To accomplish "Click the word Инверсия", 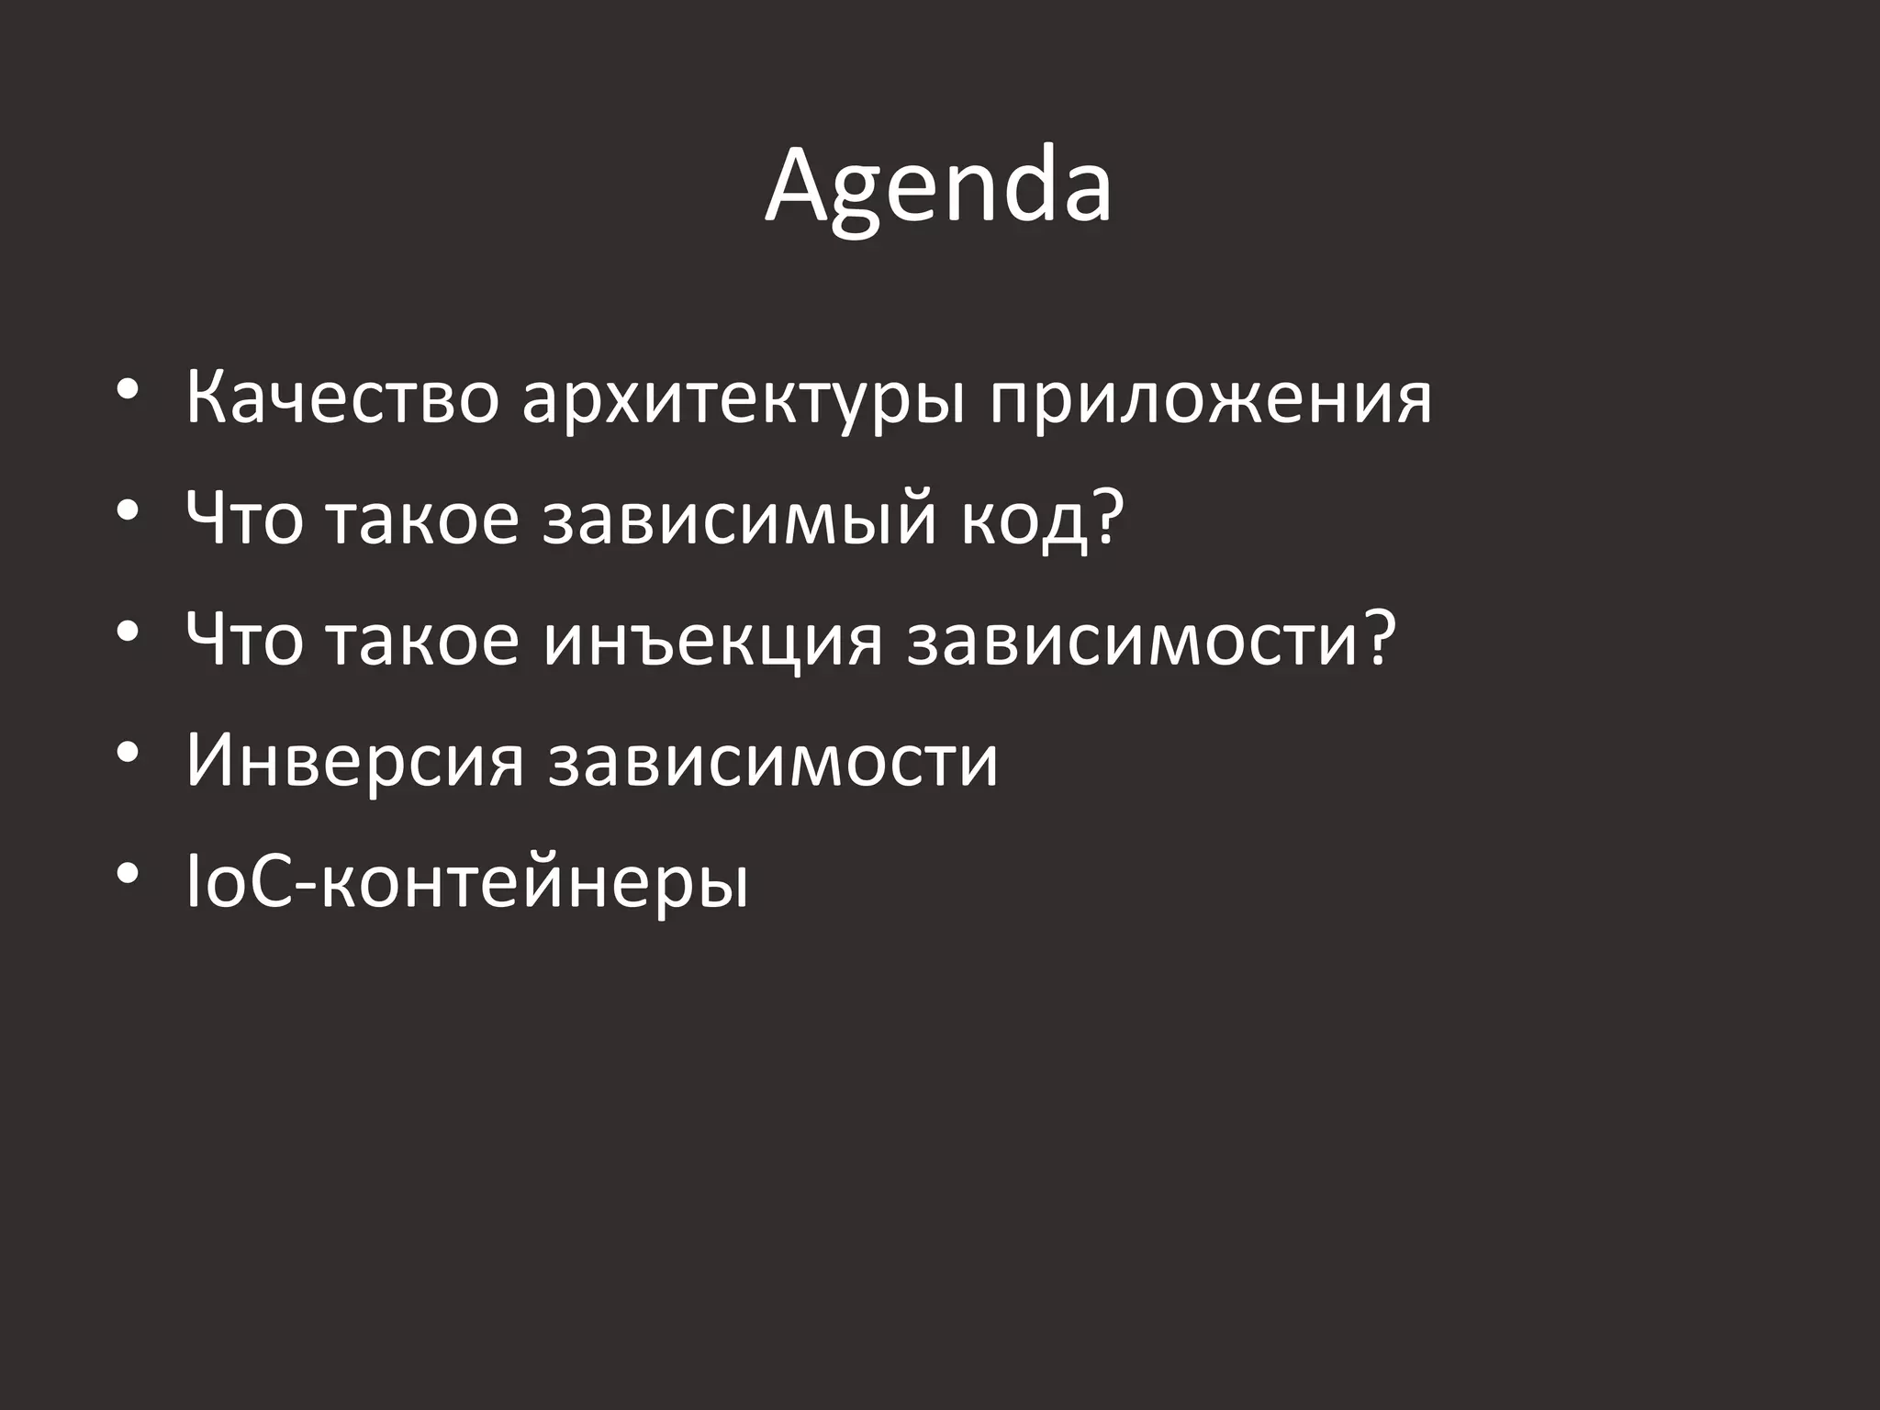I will pyautogui.click(x=354, y=762).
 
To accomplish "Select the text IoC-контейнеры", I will pyautogui.click(x=467, y=883).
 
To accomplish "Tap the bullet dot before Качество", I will pyautogui.click(x=128, y=390).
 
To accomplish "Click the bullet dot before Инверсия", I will pyautogui.click(x=128, y=753).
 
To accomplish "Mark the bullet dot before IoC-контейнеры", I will pyautogui.click(x=128, y=873).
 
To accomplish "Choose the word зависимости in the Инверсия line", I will pyautogui.click(x=773, y=762).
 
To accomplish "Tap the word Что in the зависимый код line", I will pyautogui.click(x=244, y=520).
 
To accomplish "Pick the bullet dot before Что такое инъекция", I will pyautogui.click(x=128, y=632).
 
